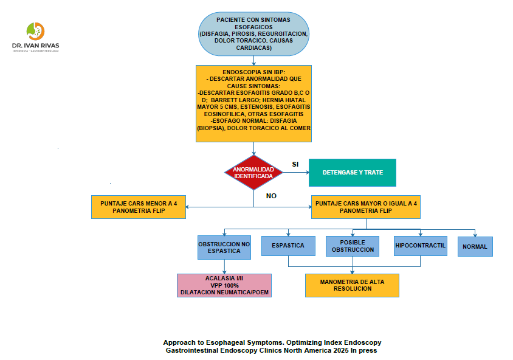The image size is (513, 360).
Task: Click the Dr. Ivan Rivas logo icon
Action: tap(36, 30)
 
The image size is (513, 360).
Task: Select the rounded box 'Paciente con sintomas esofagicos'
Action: tap(253, 35)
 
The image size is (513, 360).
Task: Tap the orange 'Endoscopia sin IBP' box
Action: tap(253, 100)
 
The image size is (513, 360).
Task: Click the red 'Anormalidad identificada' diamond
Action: tap(253, 172)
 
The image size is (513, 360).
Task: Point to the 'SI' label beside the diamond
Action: tap(295, 164)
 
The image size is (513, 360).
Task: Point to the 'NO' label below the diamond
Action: tap(271, 196)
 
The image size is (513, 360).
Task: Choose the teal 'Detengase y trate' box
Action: tap(353, 172)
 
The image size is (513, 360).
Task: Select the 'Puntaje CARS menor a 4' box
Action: tap(139, 207)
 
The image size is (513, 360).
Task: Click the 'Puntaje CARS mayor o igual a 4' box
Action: tap(366, 207)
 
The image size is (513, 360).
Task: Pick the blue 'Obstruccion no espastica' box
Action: tap(224, 247)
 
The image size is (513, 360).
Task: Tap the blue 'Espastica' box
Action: tap(288, 246)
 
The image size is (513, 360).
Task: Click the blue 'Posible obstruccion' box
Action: tap(353, 246)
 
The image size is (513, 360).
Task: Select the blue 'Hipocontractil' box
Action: tap(420, 246)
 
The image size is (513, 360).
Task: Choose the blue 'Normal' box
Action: tap(475, 247)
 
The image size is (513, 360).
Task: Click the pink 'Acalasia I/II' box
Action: tap(224, 285)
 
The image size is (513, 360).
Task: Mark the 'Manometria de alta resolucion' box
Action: tap(352, 285)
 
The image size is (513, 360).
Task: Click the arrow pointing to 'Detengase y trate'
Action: tap(298, 172)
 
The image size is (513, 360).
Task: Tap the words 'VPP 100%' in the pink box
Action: tap(224, 285)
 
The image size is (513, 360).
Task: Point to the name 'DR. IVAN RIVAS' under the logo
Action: tap(36, 46)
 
